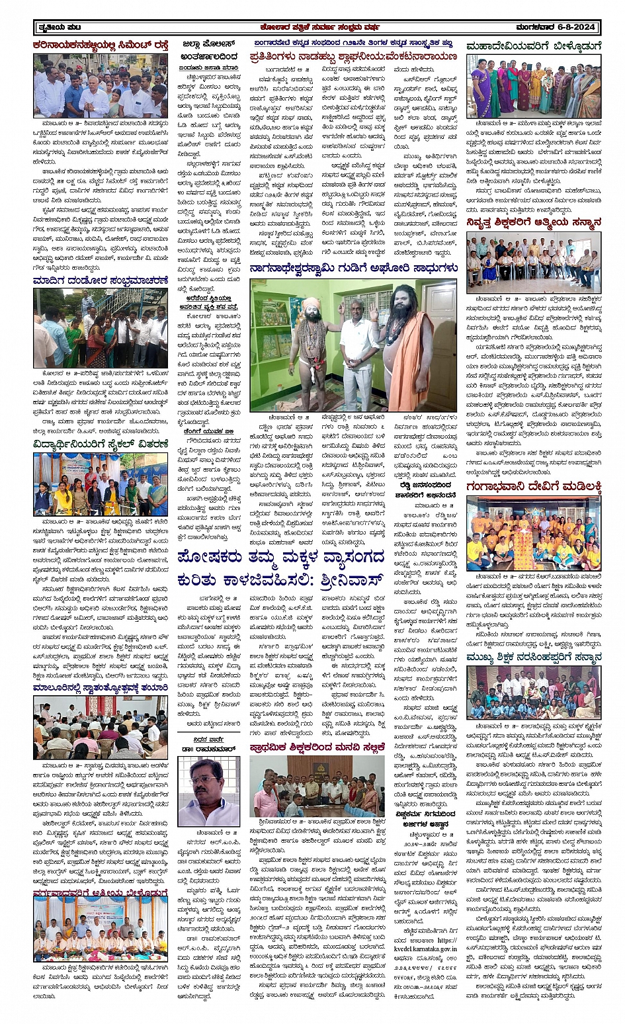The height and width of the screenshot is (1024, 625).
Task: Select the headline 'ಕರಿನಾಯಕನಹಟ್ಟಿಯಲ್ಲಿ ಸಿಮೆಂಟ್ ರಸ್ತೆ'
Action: coord(101,45)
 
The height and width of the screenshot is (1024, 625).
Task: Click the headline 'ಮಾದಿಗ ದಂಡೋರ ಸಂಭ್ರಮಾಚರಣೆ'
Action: coord(101,280)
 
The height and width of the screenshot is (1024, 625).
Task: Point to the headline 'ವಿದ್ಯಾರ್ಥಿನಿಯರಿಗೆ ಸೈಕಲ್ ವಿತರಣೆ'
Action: coord(101,445)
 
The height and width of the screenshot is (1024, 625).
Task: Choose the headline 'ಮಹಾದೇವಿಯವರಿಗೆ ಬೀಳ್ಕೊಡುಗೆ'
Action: coord(534,46)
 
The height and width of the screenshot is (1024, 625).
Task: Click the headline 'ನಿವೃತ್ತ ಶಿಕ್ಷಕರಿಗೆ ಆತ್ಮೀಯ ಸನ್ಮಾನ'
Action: coord(534,222)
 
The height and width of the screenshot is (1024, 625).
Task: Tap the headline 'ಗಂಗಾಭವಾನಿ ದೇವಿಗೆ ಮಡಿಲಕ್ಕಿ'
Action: coord(534,488)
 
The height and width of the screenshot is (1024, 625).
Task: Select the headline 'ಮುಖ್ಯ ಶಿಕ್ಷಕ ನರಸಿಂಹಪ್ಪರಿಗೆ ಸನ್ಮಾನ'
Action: coord(534,658)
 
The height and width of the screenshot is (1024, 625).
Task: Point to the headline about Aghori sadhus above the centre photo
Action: coord(353,268)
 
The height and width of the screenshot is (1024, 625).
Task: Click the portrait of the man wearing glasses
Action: coord(209,790)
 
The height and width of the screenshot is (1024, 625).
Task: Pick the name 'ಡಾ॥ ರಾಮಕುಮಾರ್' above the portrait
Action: coord(209,749)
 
